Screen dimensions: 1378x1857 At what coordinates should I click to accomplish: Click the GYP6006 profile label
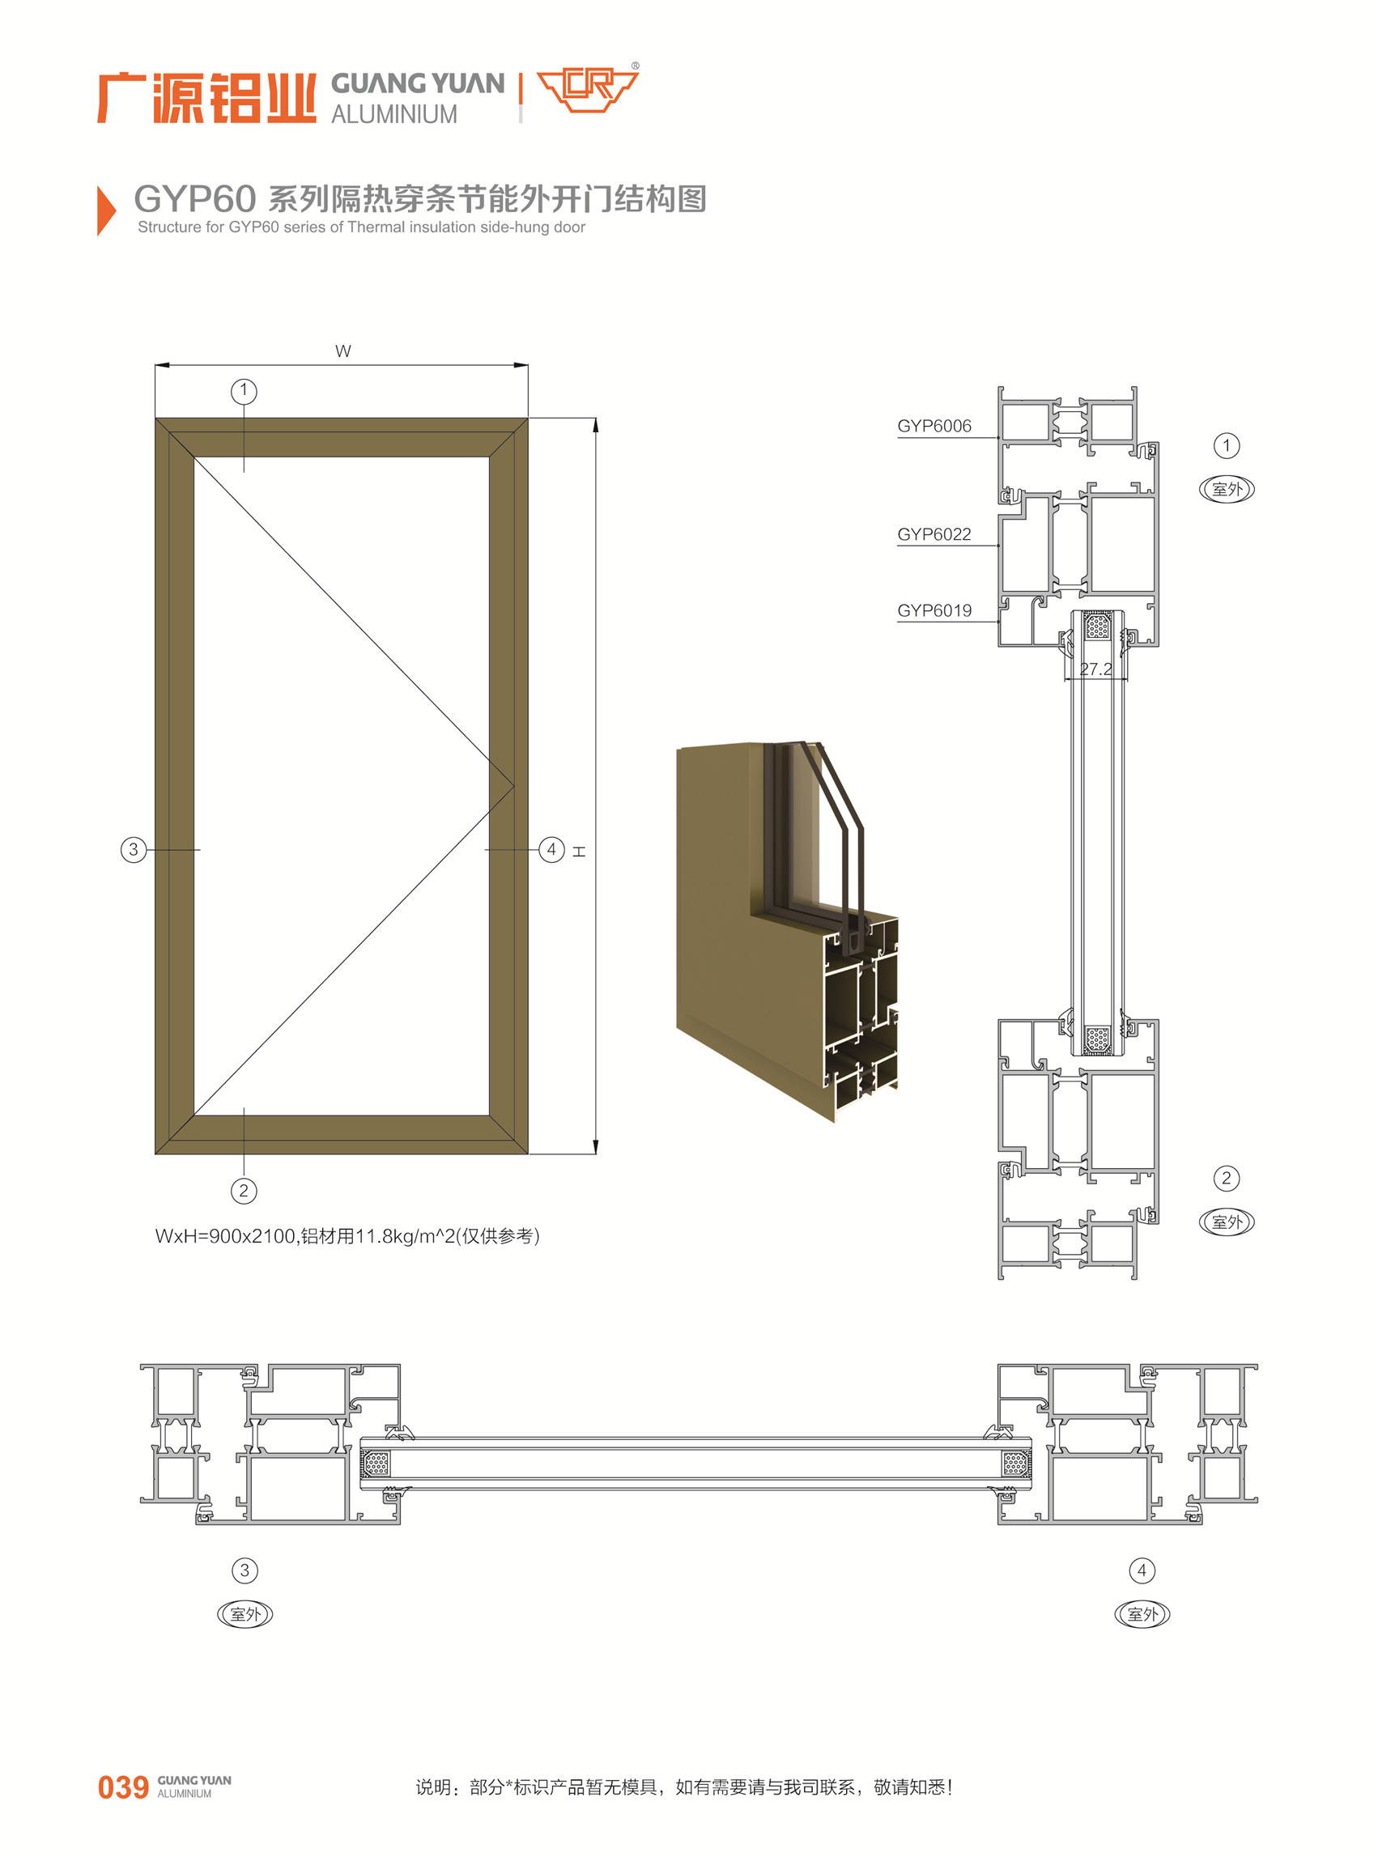(x=934, y=426)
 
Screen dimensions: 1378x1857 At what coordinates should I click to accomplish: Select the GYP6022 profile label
(x=934, y=534)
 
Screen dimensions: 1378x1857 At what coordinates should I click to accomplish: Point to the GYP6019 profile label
(x=934, y=610)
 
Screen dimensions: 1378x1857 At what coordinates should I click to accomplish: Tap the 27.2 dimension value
(x=1095, y=669)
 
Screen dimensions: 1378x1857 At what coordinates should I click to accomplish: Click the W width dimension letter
(x=342, y=351)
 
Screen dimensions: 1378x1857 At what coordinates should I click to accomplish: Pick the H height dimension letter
(x=579, y=852)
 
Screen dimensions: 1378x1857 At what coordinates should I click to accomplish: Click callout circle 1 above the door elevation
(x=244, y=391)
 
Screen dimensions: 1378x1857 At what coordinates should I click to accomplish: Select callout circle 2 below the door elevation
(x=244, y=1191)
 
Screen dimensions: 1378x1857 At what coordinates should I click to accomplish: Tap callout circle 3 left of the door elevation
(x=134, y=850)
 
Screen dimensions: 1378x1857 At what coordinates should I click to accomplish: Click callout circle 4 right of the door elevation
(x=551, y=850)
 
